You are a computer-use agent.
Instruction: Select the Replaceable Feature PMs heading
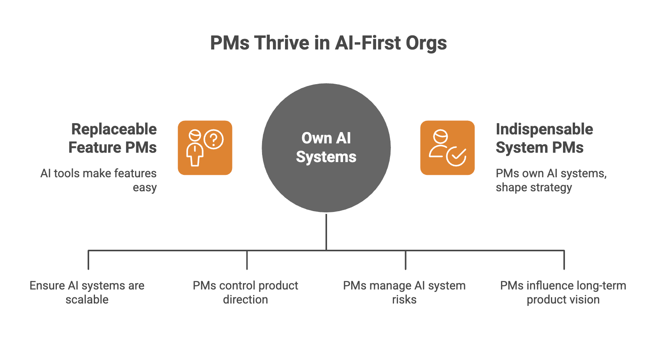tap(113, 138)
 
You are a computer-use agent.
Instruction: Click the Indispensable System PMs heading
tap(544, 138)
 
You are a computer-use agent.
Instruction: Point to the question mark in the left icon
tap(213, 139)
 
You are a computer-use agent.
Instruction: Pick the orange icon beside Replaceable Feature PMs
tap(205, 148)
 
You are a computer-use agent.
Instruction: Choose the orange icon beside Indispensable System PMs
tap(447, 148)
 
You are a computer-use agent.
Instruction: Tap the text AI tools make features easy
tap(99, 180)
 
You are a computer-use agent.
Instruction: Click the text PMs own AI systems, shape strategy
tap(551, 180)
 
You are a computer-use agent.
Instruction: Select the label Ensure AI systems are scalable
tap(87, 292)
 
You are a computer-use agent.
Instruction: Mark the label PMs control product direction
tap(245, 292)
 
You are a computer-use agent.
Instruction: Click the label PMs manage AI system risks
tap(404, 292)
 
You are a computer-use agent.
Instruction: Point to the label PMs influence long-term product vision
tap(563, 292)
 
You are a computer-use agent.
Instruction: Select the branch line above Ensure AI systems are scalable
tap(88, 260)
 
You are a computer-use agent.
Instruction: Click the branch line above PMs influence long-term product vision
tap(564, 260)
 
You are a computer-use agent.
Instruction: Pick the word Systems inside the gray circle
tap(326, 157)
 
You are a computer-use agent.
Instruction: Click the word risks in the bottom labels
tap(404, 300)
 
